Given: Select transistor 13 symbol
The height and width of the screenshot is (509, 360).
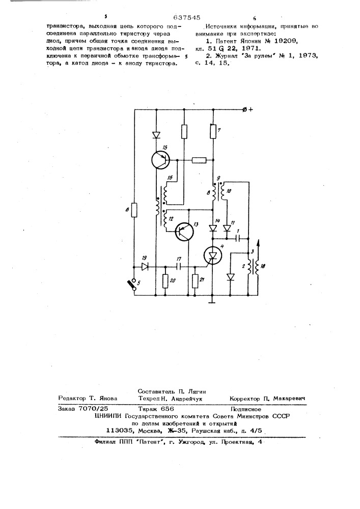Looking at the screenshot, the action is coord(184,232).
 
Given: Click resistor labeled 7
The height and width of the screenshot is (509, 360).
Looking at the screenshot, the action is coord(213,131).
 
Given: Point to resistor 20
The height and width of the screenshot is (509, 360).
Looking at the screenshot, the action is coord(165,281).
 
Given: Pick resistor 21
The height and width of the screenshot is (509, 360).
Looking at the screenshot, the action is coord(195,281).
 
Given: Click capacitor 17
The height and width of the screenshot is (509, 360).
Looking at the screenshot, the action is coord(179,267).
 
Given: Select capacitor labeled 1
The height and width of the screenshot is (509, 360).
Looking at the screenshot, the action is coord(239,239).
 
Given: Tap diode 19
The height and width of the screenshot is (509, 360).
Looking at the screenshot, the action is coord(145,267).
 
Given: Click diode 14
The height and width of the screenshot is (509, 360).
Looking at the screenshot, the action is coord(213,229).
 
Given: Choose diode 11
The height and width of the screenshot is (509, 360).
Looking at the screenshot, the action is coord(227,229).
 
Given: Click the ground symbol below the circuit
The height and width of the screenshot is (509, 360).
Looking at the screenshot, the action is coord(212,302).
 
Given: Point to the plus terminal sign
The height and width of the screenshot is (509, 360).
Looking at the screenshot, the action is coord(251,110).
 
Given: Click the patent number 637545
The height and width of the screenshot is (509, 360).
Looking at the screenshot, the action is coord(187,18).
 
